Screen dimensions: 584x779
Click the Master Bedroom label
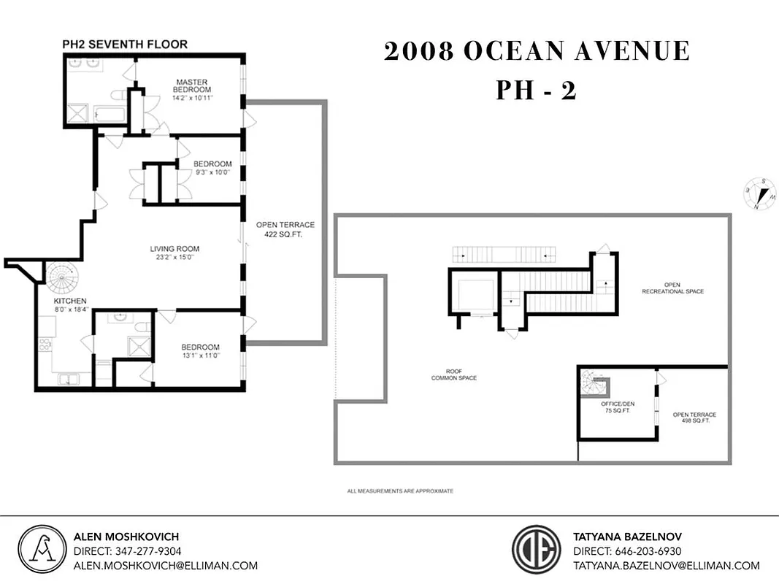coord(191,85)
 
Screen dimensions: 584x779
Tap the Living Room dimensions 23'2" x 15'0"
coord(174,257)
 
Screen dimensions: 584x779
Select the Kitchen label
coord(70,301)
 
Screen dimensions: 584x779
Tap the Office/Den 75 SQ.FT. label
coord(615,407)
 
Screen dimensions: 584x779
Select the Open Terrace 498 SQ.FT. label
coord(694,418)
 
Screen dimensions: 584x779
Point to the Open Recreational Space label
coord(672,288)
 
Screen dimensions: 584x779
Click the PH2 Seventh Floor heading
coord(124,45)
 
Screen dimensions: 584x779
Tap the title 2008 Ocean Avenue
coord(537,51)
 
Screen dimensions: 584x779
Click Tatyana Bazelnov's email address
coord(666,565)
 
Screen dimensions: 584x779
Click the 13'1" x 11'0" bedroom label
coord(200,351)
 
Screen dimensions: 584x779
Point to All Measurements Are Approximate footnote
coord(400,491)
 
